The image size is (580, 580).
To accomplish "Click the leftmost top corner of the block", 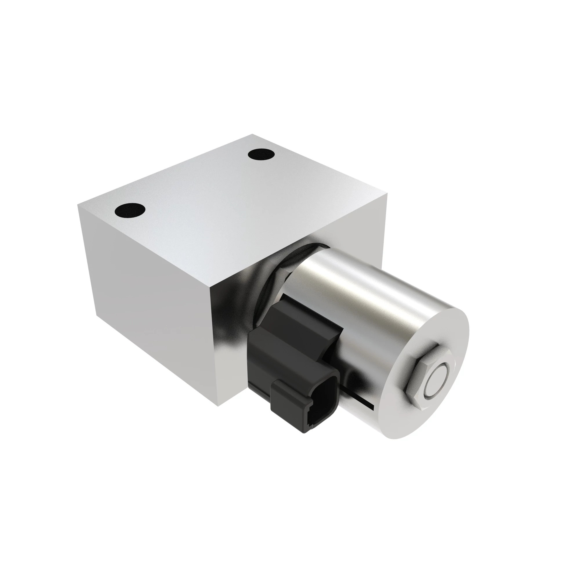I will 78,205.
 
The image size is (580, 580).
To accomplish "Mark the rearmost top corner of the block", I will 253,134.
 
